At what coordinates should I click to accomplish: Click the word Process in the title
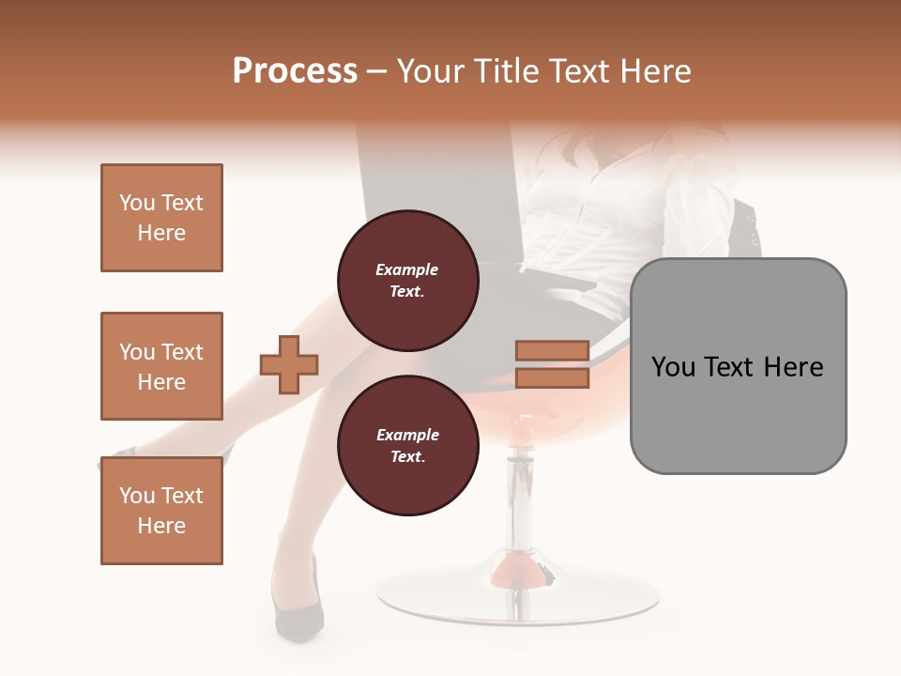pos(295,71)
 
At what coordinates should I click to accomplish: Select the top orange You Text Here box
pos(161,218)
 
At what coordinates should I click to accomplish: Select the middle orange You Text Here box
pos(161,366)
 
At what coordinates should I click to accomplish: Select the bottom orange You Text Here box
pos(161,510)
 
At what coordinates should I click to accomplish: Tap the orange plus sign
pos(289,364)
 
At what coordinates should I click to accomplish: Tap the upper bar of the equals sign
pos(552,351)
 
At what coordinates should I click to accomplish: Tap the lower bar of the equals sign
pos(552,378)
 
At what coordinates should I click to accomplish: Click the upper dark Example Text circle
pos(407,281)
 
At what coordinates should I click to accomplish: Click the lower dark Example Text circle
pos(407,446)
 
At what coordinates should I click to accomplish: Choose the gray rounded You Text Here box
pos(738,366)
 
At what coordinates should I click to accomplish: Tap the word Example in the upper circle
pos(407,269)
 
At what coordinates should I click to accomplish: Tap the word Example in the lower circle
pos(407,435)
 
